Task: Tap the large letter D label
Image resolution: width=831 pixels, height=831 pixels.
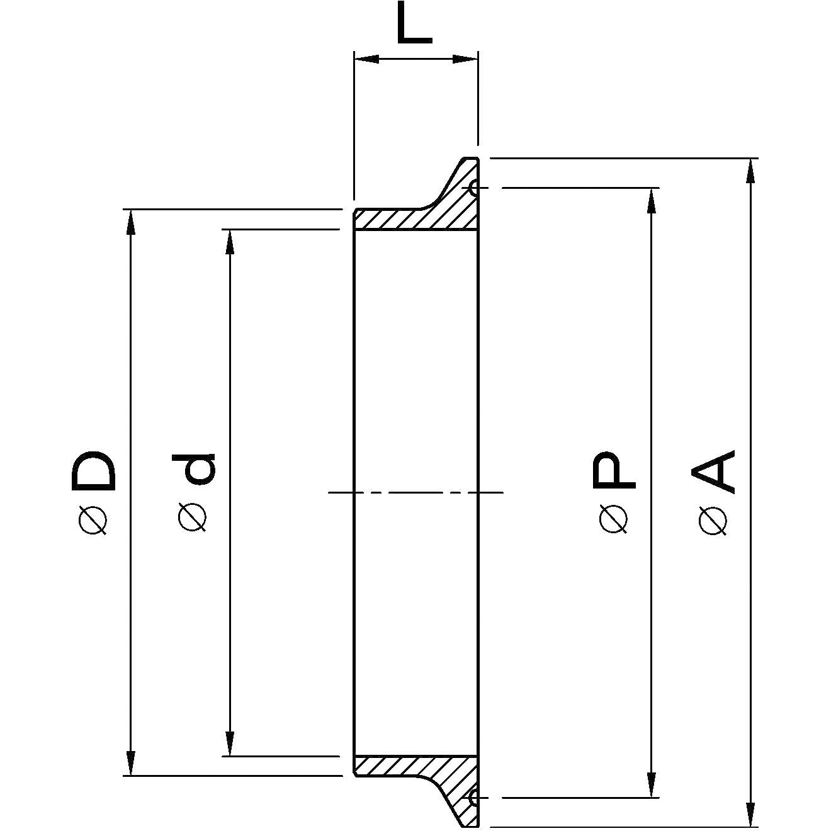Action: [x=94, y=471]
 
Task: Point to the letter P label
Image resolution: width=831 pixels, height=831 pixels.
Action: [x=614, y=470]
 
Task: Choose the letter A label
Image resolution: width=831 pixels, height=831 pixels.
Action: [x=713, y=472]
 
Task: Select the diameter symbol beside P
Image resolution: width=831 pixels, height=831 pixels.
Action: [x=613, y=519]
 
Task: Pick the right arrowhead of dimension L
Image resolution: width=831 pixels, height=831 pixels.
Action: [x=465, y=60]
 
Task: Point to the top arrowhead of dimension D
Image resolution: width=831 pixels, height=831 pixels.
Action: [x=131, y=222]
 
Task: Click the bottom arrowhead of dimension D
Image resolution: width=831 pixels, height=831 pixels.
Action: [x=131, y=763]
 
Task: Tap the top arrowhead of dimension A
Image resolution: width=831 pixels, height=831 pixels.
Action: [x=751, y=171]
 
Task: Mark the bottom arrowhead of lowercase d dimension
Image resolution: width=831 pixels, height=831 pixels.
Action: [x=230, y=743]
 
